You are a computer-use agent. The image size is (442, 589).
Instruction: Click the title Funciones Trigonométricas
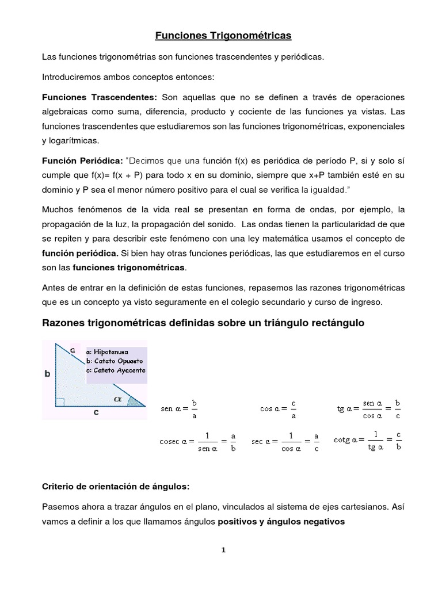pyautogui.click(x=223, y=36)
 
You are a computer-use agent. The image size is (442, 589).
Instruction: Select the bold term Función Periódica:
pyautogui.click(x=81, y=161)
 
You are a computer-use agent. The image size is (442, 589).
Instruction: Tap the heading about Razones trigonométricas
pyautogui.click(x=204, y=323)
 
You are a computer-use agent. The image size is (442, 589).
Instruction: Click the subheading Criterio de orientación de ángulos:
pyautogui.click(x=116, y=486)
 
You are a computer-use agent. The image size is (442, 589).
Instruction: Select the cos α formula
pyautogui.click(x=279, y=408)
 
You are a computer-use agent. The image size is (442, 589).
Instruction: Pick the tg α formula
pyautogui.click(x=369, y=408)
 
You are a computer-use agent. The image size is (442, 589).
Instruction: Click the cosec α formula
pyautogui.click(x=197, y=442)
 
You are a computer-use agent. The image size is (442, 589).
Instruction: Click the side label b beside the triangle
pyautogui.click(x=48, y=373)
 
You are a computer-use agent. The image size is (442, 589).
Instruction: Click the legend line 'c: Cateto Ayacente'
pyautogui.click(x=115, y=370)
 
